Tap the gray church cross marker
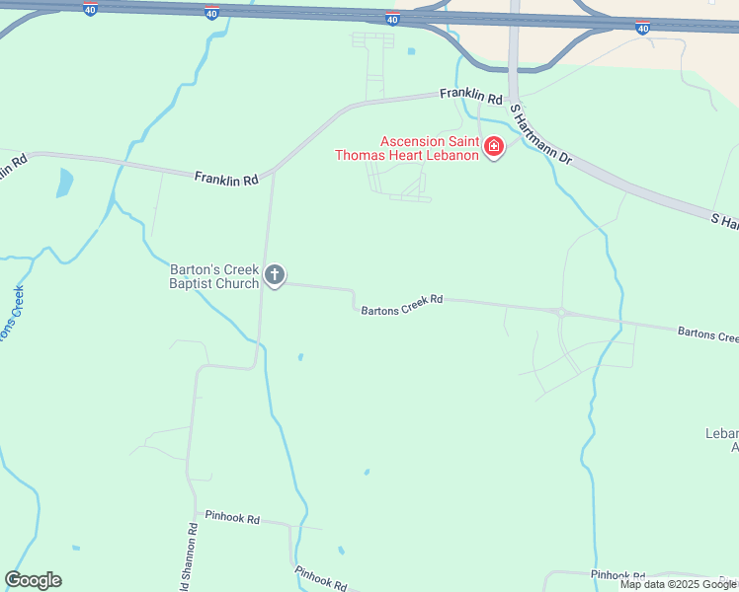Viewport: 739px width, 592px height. tap(275, 275)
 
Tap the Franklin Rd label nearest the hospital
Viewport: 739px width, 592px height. tap(471, 95)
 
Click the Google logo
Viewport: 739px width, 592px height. tap(33, 580)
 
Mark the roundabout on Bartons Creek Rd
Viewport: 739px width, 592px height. tap(561, 313)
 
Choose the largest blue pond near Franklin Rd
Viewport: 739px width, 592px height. tap(65, 183)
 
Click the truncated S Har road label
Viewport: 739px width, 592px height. tap(724, 221)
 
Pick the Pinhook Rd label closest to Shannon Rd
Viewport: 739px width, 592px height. tap(231, 517)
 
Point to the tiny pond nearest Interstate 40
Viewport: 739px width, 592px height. tap(411, 51)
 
